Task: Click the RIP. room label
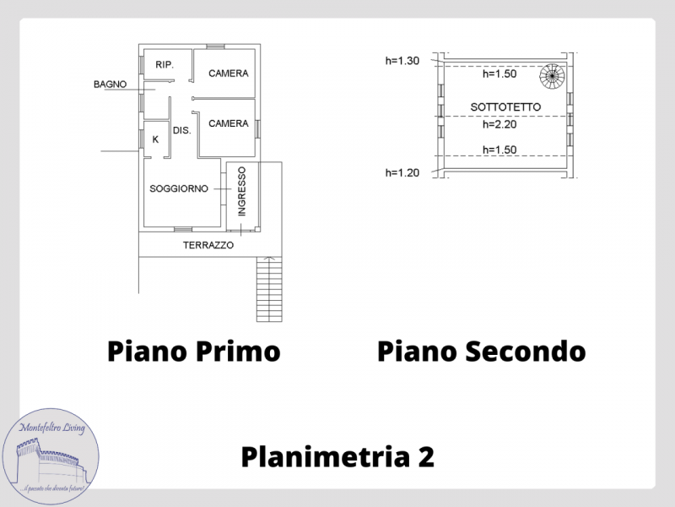165,65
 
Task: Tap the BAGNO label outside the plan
111,84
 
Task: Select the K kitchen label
155,139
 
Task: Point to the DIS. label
181,130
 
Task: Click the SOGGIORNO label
179,188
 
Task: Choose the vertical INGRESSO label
242,192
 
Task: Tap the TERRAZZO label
208,245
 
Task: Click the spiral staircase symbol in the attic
553,76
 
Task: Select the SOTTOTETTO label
505,107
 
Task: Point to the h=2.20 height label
499,124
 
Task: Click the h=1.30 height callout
402,61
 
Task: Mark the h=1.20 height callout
402,173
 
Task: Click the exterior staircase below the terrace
269,289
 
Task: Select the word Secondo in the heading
525,351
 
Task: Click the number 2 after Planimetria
425,457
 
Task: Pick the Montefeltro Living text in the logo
52,428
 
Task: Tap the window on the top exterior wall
215,46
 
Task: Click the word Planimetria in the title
325,457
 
